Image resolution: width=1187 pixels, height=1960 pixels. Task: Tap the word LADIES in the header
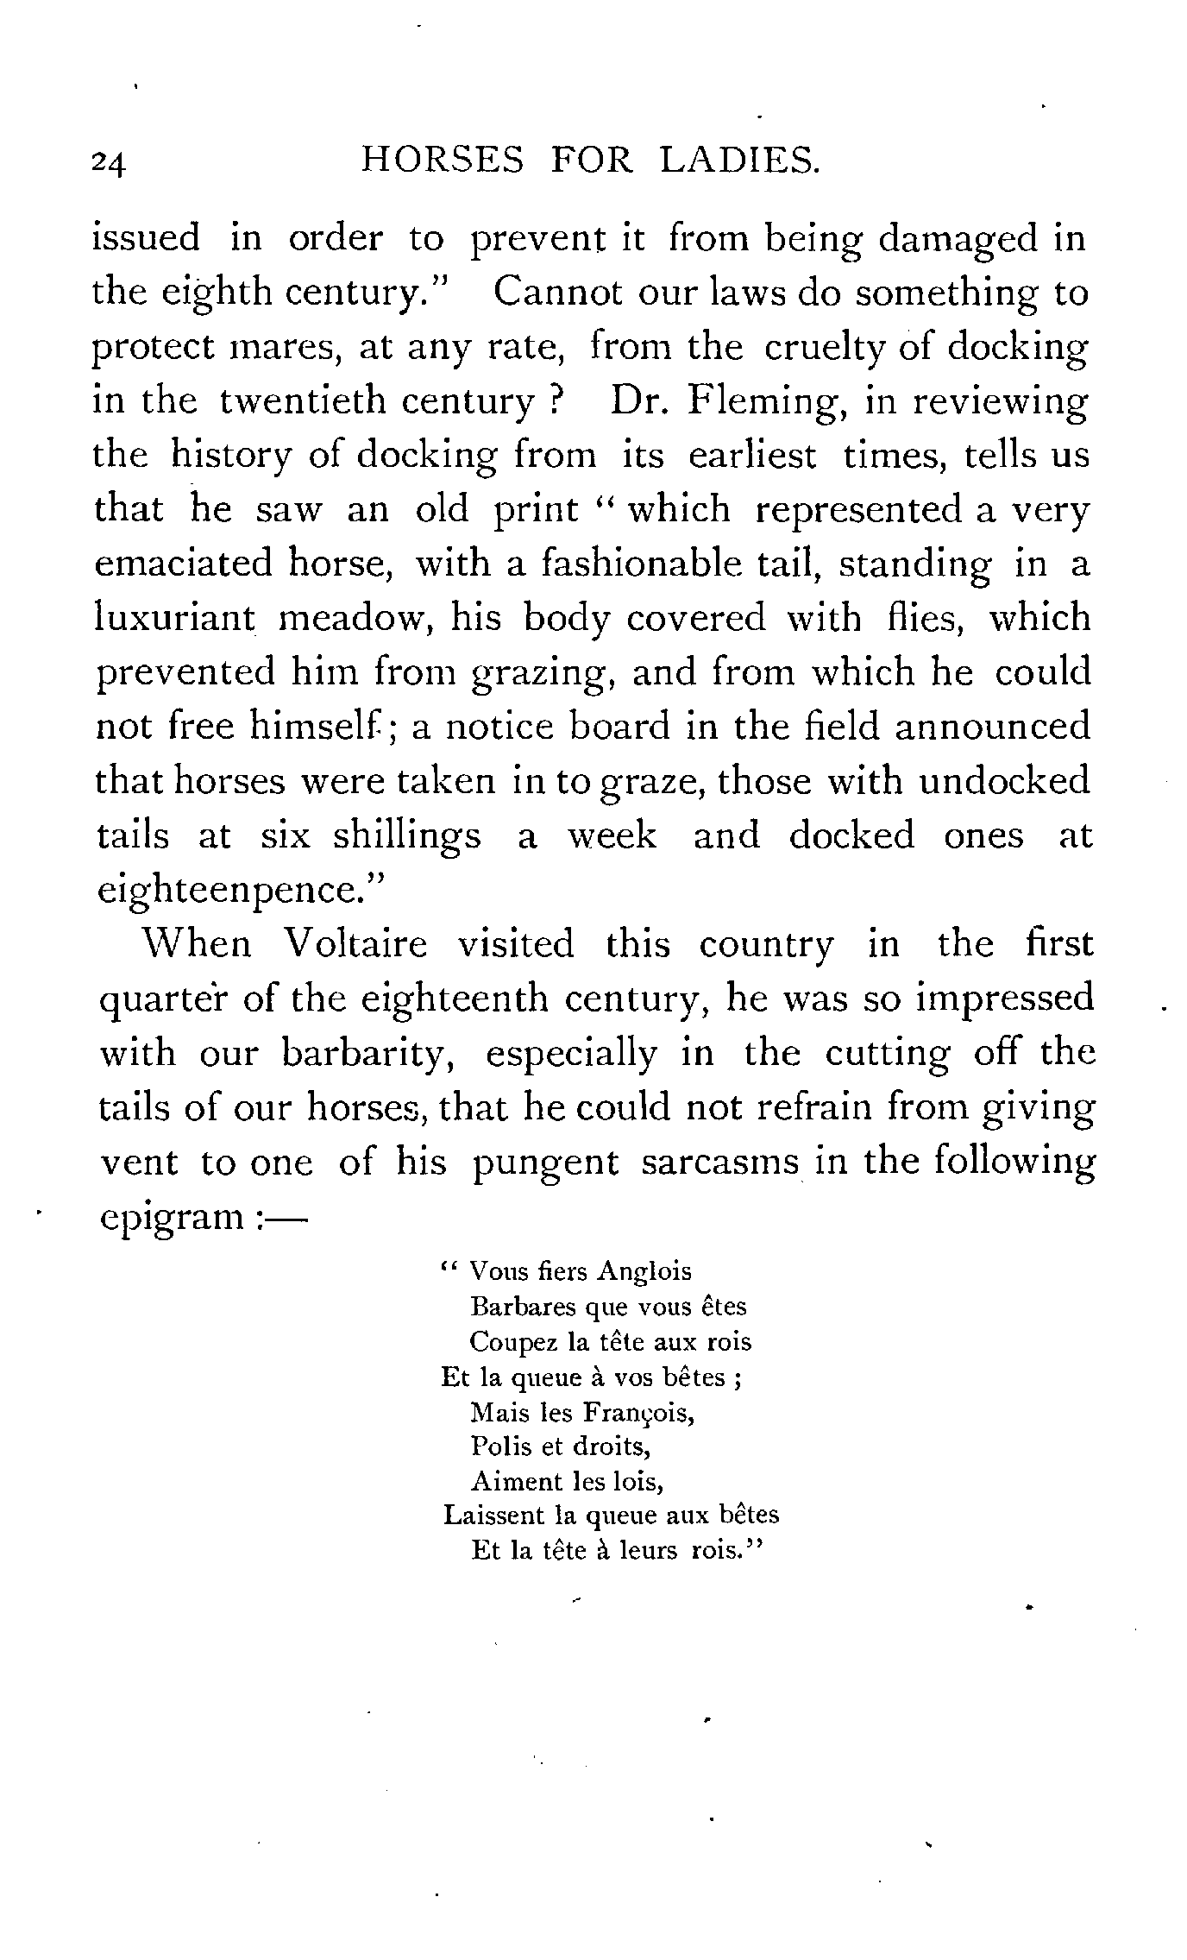point(738,161)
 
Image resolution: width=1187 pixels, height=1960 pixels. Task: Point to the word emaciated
point(180,564)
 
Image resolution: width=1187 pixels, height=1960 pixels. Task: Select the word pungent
point(546,1163)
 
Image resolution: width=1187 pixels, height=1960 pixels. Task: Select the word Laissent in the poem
point(487,1516)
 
